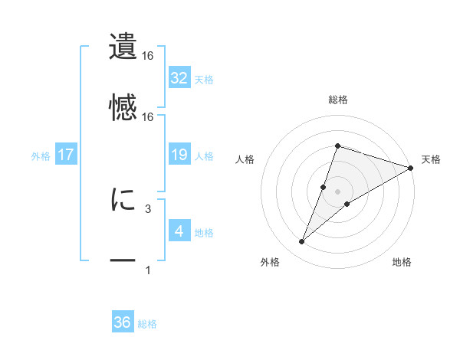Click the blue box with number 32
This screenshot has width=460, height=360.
click(x=179, y=77)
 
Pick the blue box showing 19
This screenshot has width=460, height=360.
click(x=179, y=155)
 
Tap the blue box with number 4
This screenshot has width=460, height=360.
click(x=179, y=231)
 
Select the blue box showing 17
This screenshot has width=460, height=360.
click(x=66, y=155)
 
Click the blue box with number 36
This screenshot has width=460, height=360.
click(x=123, y=322)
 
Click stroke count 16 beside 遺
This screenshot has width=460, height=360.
click(x=148, y=56)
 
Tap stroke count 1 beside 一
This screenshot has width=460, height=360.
click(x=147, y=270)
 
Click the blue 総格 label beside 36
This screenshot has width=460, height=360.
click(x=147, y=324)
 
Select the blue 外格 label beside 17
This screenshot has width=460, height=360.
click(x=41, y=156)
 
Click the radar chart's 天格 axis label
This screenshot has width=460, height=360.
click(x=431, y=159)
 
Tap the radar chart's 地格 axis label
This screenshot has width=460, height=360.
click(x=402, y=262)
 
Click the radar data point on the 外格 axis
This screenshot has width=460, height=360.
click(x=302, y=242)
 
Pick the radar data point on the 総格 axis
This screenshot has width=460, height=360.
click(x=337, y=146)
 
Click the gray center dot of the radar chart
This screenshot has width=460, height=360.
click(x=337, y=191)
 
